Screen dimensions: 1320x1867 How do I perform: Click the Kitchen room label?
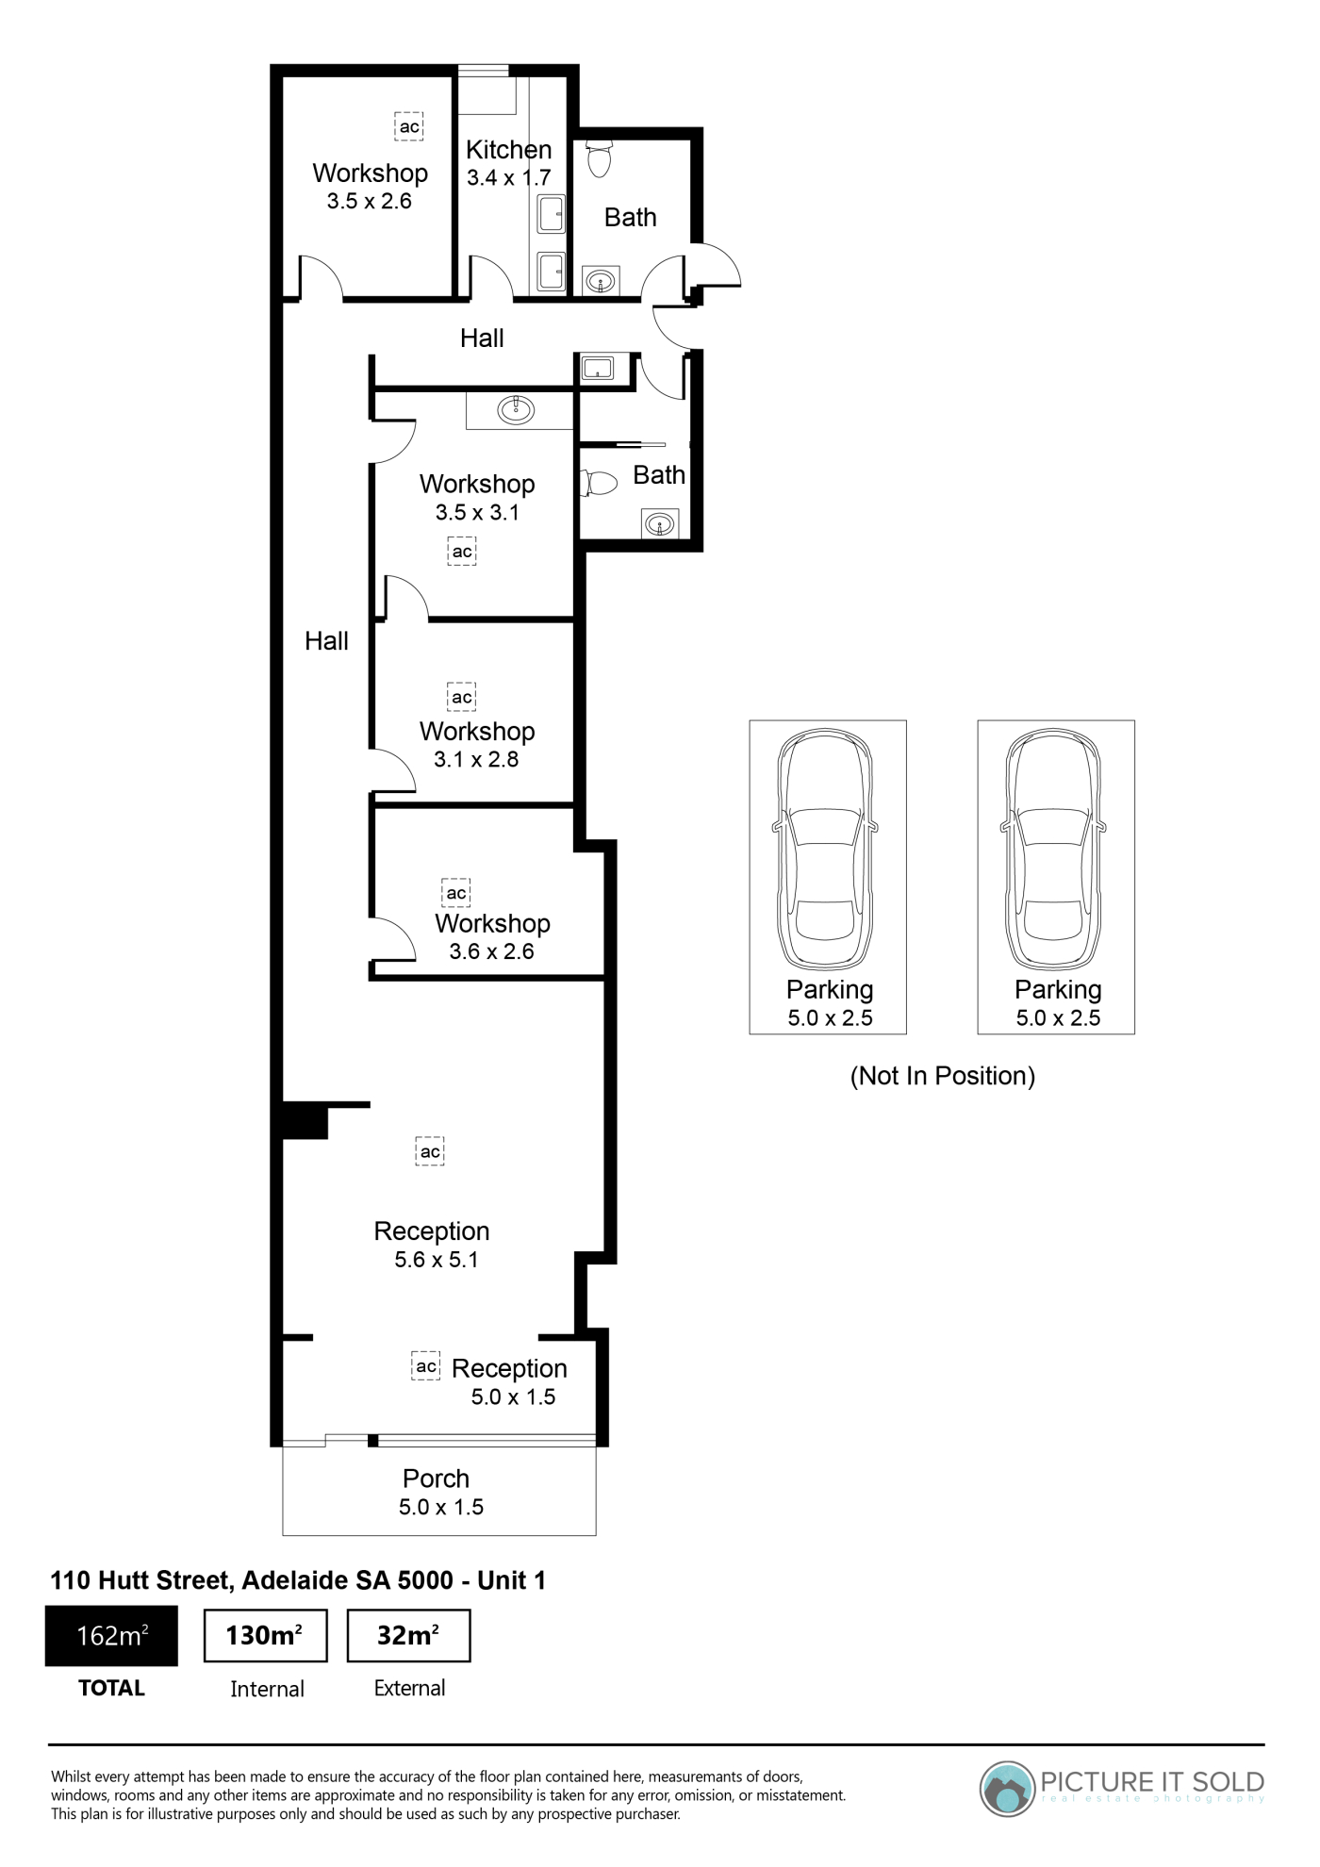tap(508, 150)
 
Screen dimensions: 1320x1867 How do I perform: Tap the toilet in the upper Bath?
tap(599, 158)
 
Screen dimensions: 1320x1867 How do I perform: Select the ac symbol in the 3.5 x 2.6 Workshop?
tap(408, 126)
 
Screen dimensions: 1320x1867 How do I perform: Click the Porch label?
tap(436, 1479)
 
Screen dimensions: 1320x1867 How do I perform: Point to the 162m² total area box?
tap(111, 1635)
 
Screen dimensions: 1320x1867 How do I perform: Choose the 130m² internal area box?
tap(266, 1636)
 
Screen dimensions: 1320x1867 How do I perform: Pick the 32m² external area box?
tap(408, 1636)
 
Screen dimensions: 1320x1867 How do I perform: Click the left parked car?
tap(827, 851)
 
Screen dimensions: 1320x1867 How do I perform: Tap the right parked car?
tap(1055, 851)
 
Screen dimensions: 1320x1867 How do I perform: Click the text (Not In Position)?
tap(943, 1076)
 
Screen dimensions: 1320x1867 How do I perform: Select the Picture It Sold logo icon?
tap(1007, 1788)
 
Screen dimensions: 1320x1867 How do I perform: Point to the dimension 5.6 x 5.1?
tap(437, 1260)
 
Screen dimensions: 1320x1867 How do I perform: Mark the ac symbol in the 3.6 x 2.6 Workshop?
tap(456, 893)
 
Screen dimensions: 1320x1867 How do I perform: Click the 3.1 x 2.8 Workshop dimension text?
tap(476, 760)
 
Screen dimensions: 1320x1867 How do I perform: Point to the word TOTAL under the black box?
tap(111, 1688)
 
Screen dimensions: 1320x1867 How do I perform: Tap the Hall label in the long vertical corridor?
tap(326, 641)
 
